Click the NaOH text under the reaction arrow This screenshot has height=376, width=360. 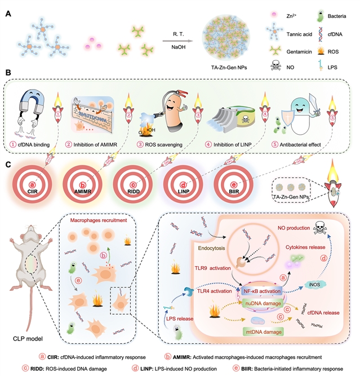[x=180, y=49]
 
